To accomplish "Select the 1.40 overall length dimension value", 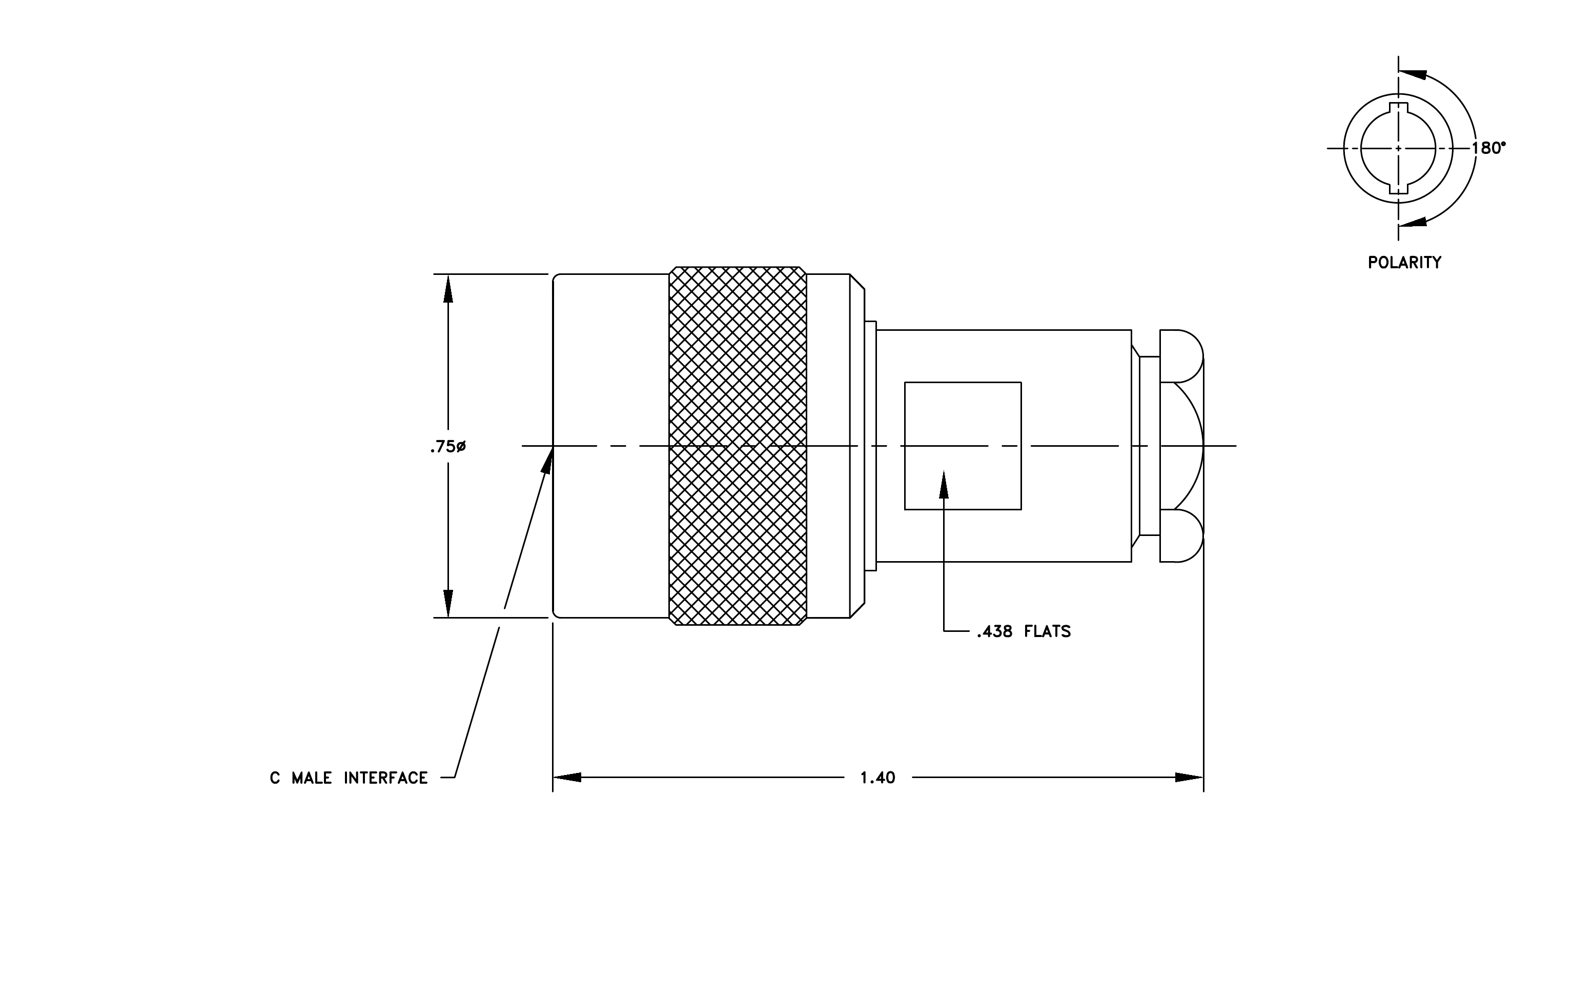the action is [x=877, y=778].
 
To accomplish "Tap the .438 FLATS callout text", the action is [x=1024, y=631].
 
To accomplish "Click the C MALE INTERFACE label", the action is [x=349, y=778].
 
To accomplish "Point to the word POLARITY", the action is [x=1404, y=263].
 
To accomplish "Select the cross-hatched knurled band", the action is [x=738, y=446].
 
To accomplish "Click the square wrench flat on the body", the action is [x=963, y=446].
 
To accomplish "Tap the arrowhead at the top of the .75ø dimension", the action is [x=448, y=288].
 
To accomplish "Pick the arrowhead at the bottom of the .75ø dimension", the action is [x=448, y=603].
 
